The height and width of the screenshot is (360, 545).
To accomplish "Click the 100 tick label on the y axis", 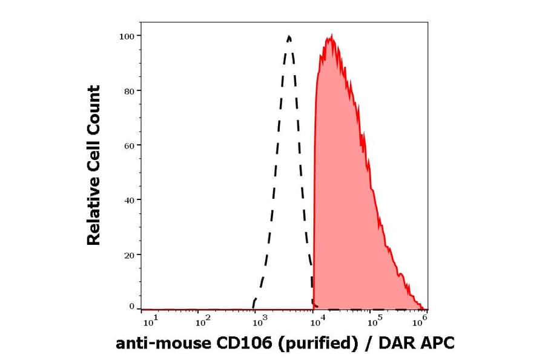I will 127,36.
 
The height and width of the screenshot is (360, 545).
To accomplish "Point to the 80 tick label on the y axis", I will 130,91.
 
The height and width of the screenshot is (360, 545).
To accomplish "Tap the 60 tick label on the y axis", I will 130,145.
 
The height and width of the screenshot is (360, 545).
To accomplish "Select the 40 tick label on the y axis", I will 130,200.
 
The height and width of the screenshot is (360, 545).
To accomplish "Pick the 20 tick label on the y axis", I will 130,255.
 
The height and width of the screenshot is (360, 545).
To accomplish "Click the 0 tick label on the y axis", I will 132,307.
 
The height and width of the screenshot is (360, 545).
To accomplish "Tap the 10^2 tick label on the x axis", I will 203,318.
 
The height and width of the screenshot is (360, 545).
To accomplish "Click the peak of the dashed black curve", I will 289,36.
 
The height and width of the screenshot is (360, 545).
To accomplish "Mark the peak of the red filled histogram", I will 331,36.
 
